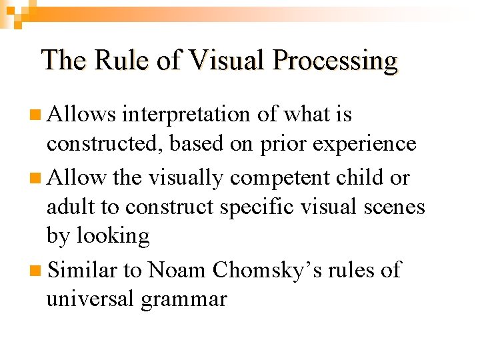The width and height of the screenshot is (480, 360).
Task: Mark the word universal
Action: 90,299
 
